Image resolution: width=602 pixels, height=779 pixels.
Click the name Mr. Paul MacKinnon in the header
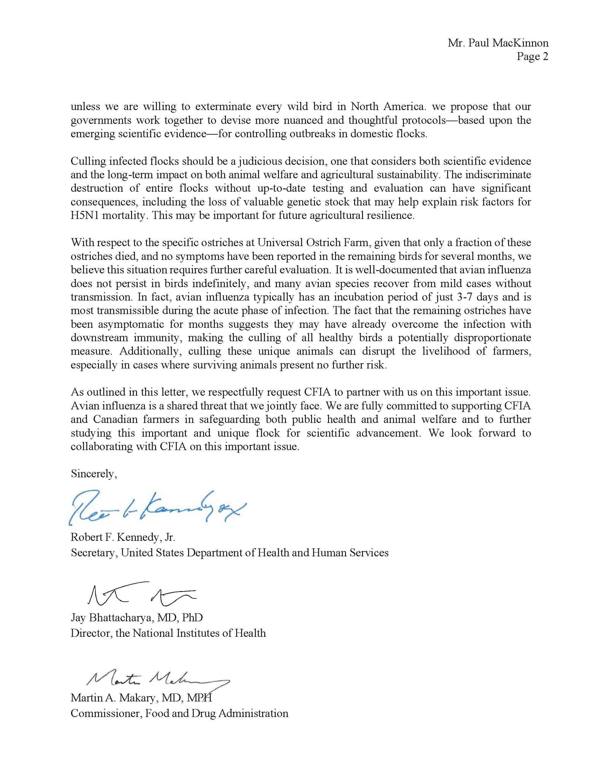click(x=498, y=43)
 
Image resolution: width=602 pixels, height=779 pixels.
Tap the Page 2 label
click(x=532, y=57)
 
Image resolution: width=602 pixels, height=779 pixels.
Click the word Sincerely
click(x=94, y=474)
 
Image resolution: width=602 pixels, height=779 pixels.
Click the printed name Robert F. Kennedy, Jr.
click(x=123, y=537)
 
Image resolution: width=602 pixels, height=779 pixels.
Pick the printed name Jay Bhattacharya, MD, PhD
click(x=137, y=617)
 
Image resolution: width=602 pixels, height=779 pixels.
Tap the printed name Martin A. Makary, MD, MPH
click(x=141, y=698)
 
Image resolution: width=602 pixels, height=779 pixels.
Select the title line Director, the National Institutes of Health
click(x=168, y=633)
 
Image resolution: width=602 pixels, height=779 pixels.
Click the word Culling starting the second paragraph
click(x=88, y=161)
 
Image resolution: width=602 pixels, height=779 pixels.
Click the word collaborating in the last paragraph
click(x=101, y=447)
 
